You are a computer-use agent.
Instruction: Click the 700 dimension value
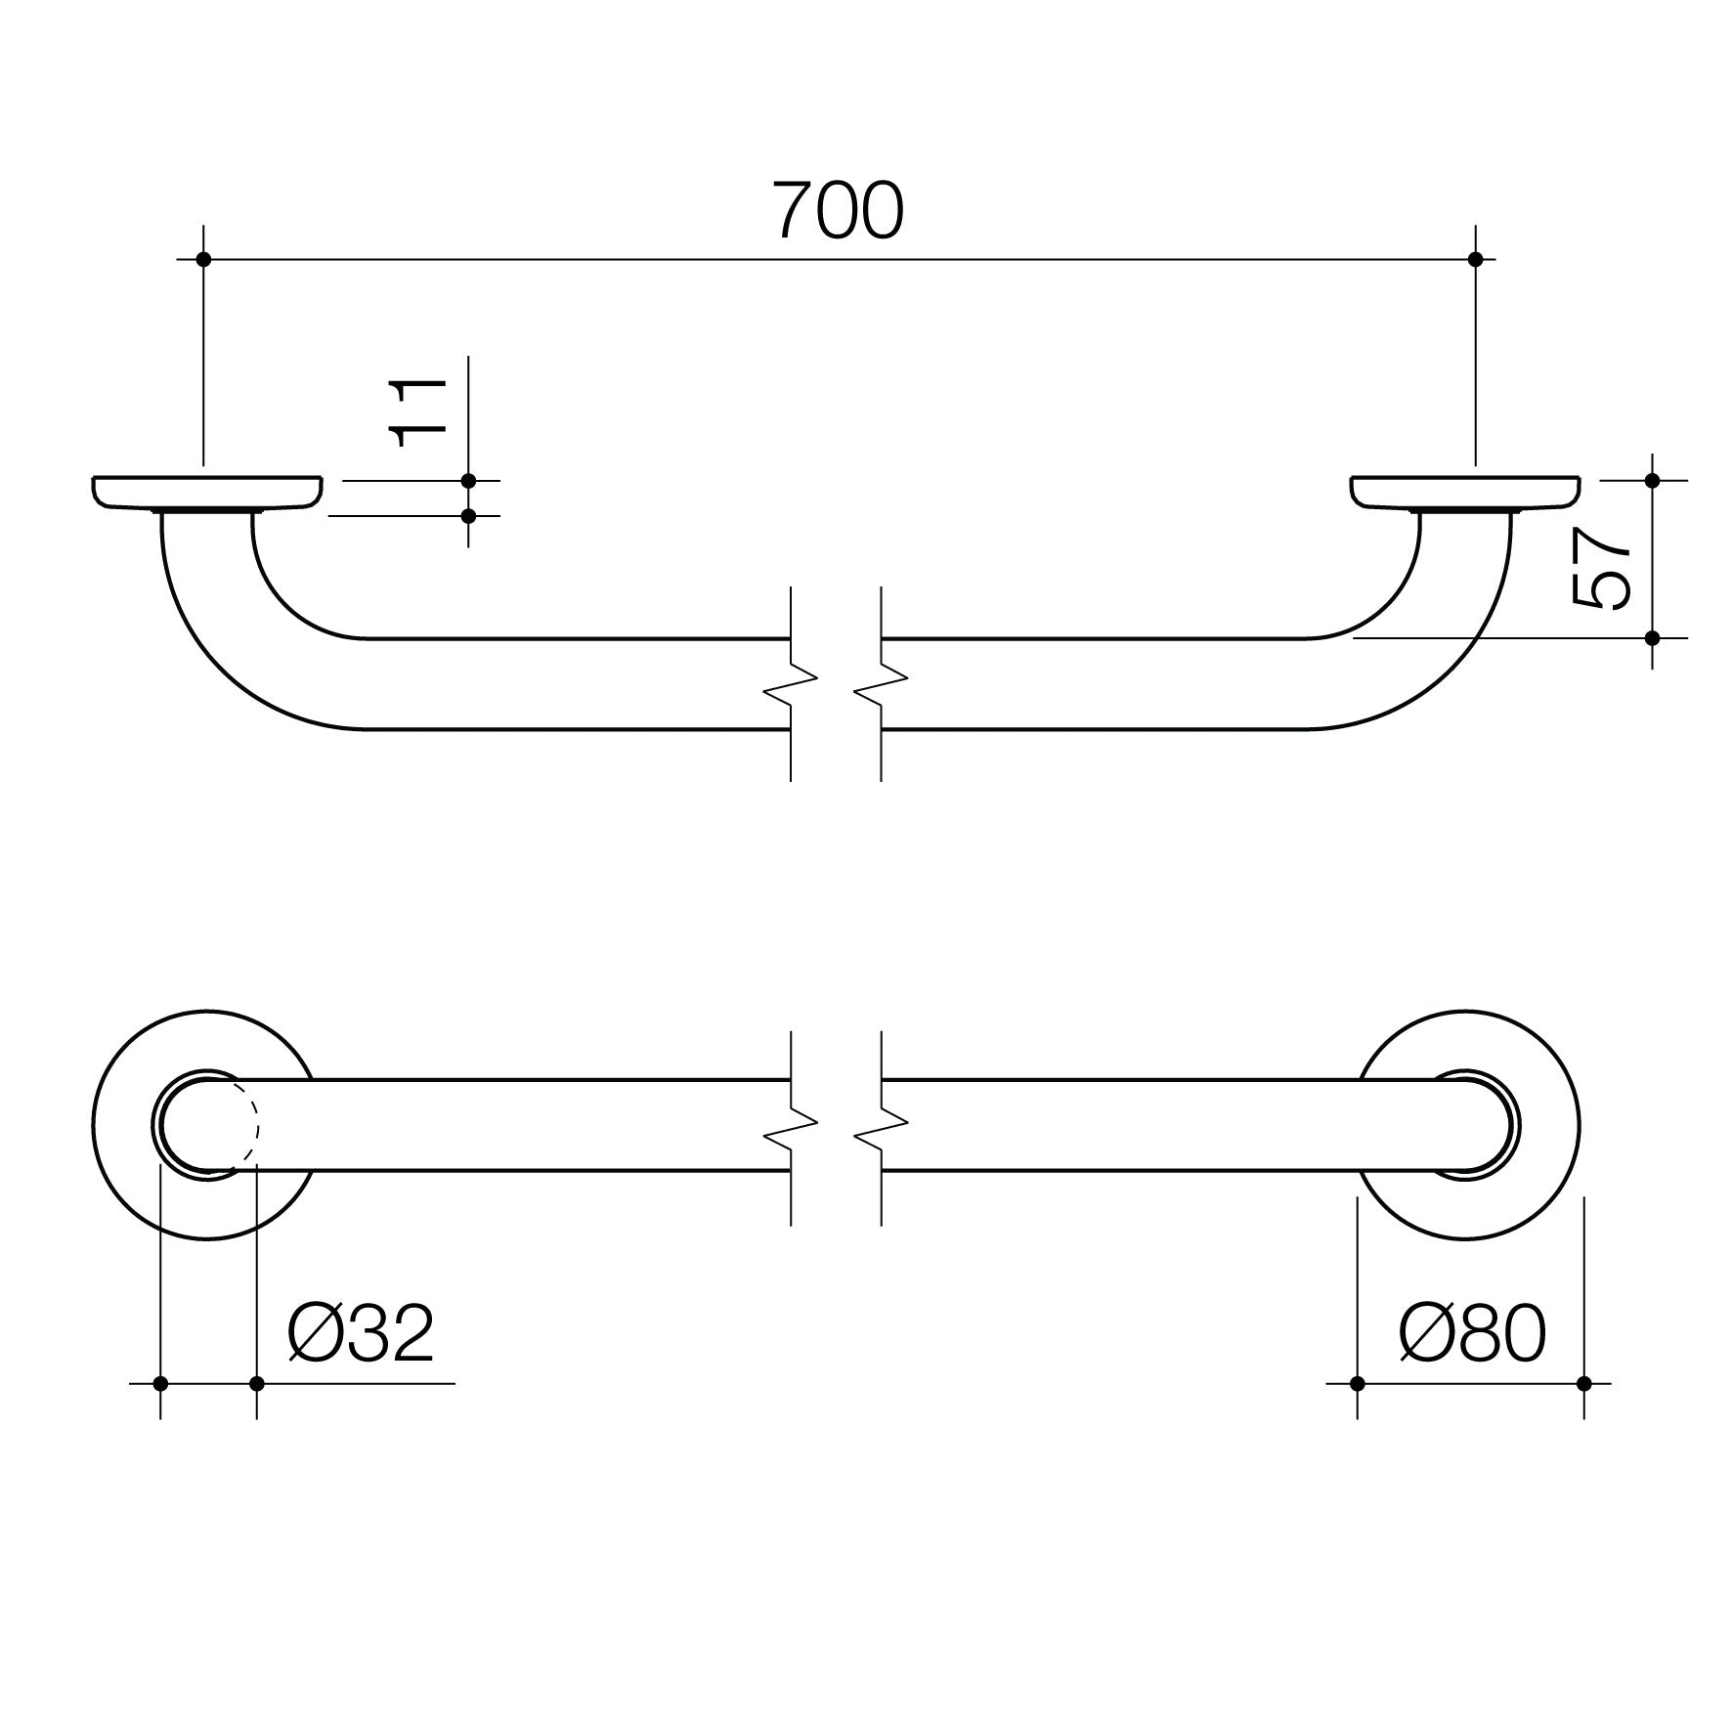tap(838, 212)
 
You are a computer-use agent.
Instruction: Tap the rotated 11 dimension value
tap(418, 411)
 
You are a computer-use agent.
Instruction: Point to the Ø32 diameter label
tap(361, 1334)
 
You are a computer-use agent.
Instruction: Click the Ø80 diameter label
tap(1472, 1334)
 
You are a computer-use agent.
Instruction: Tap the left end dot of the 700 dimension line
tap(203, 259)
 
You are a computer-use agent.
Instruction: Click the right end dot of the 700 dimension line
tap(1476, 259)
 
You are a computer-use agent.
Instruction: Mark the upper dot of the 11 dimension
tap(468, 481)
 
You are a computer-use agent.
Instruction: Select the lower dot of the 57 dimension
tap(1652, 638)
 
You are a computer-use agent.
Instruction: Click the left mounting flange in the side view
tap(207, 492)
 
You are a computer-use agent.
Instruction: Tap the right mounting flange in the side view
tap(1466, 492)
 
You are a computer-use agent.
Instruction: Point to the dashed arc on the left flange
tap(253, 1124)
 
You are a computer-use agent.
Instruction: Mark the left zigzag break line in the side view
tap(790, 683)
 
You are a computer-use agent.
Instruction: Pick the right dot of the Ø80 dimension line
tap(1583, 1383)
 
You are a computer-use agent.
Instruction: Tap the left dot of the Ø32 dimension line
tap(160, 1383)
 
